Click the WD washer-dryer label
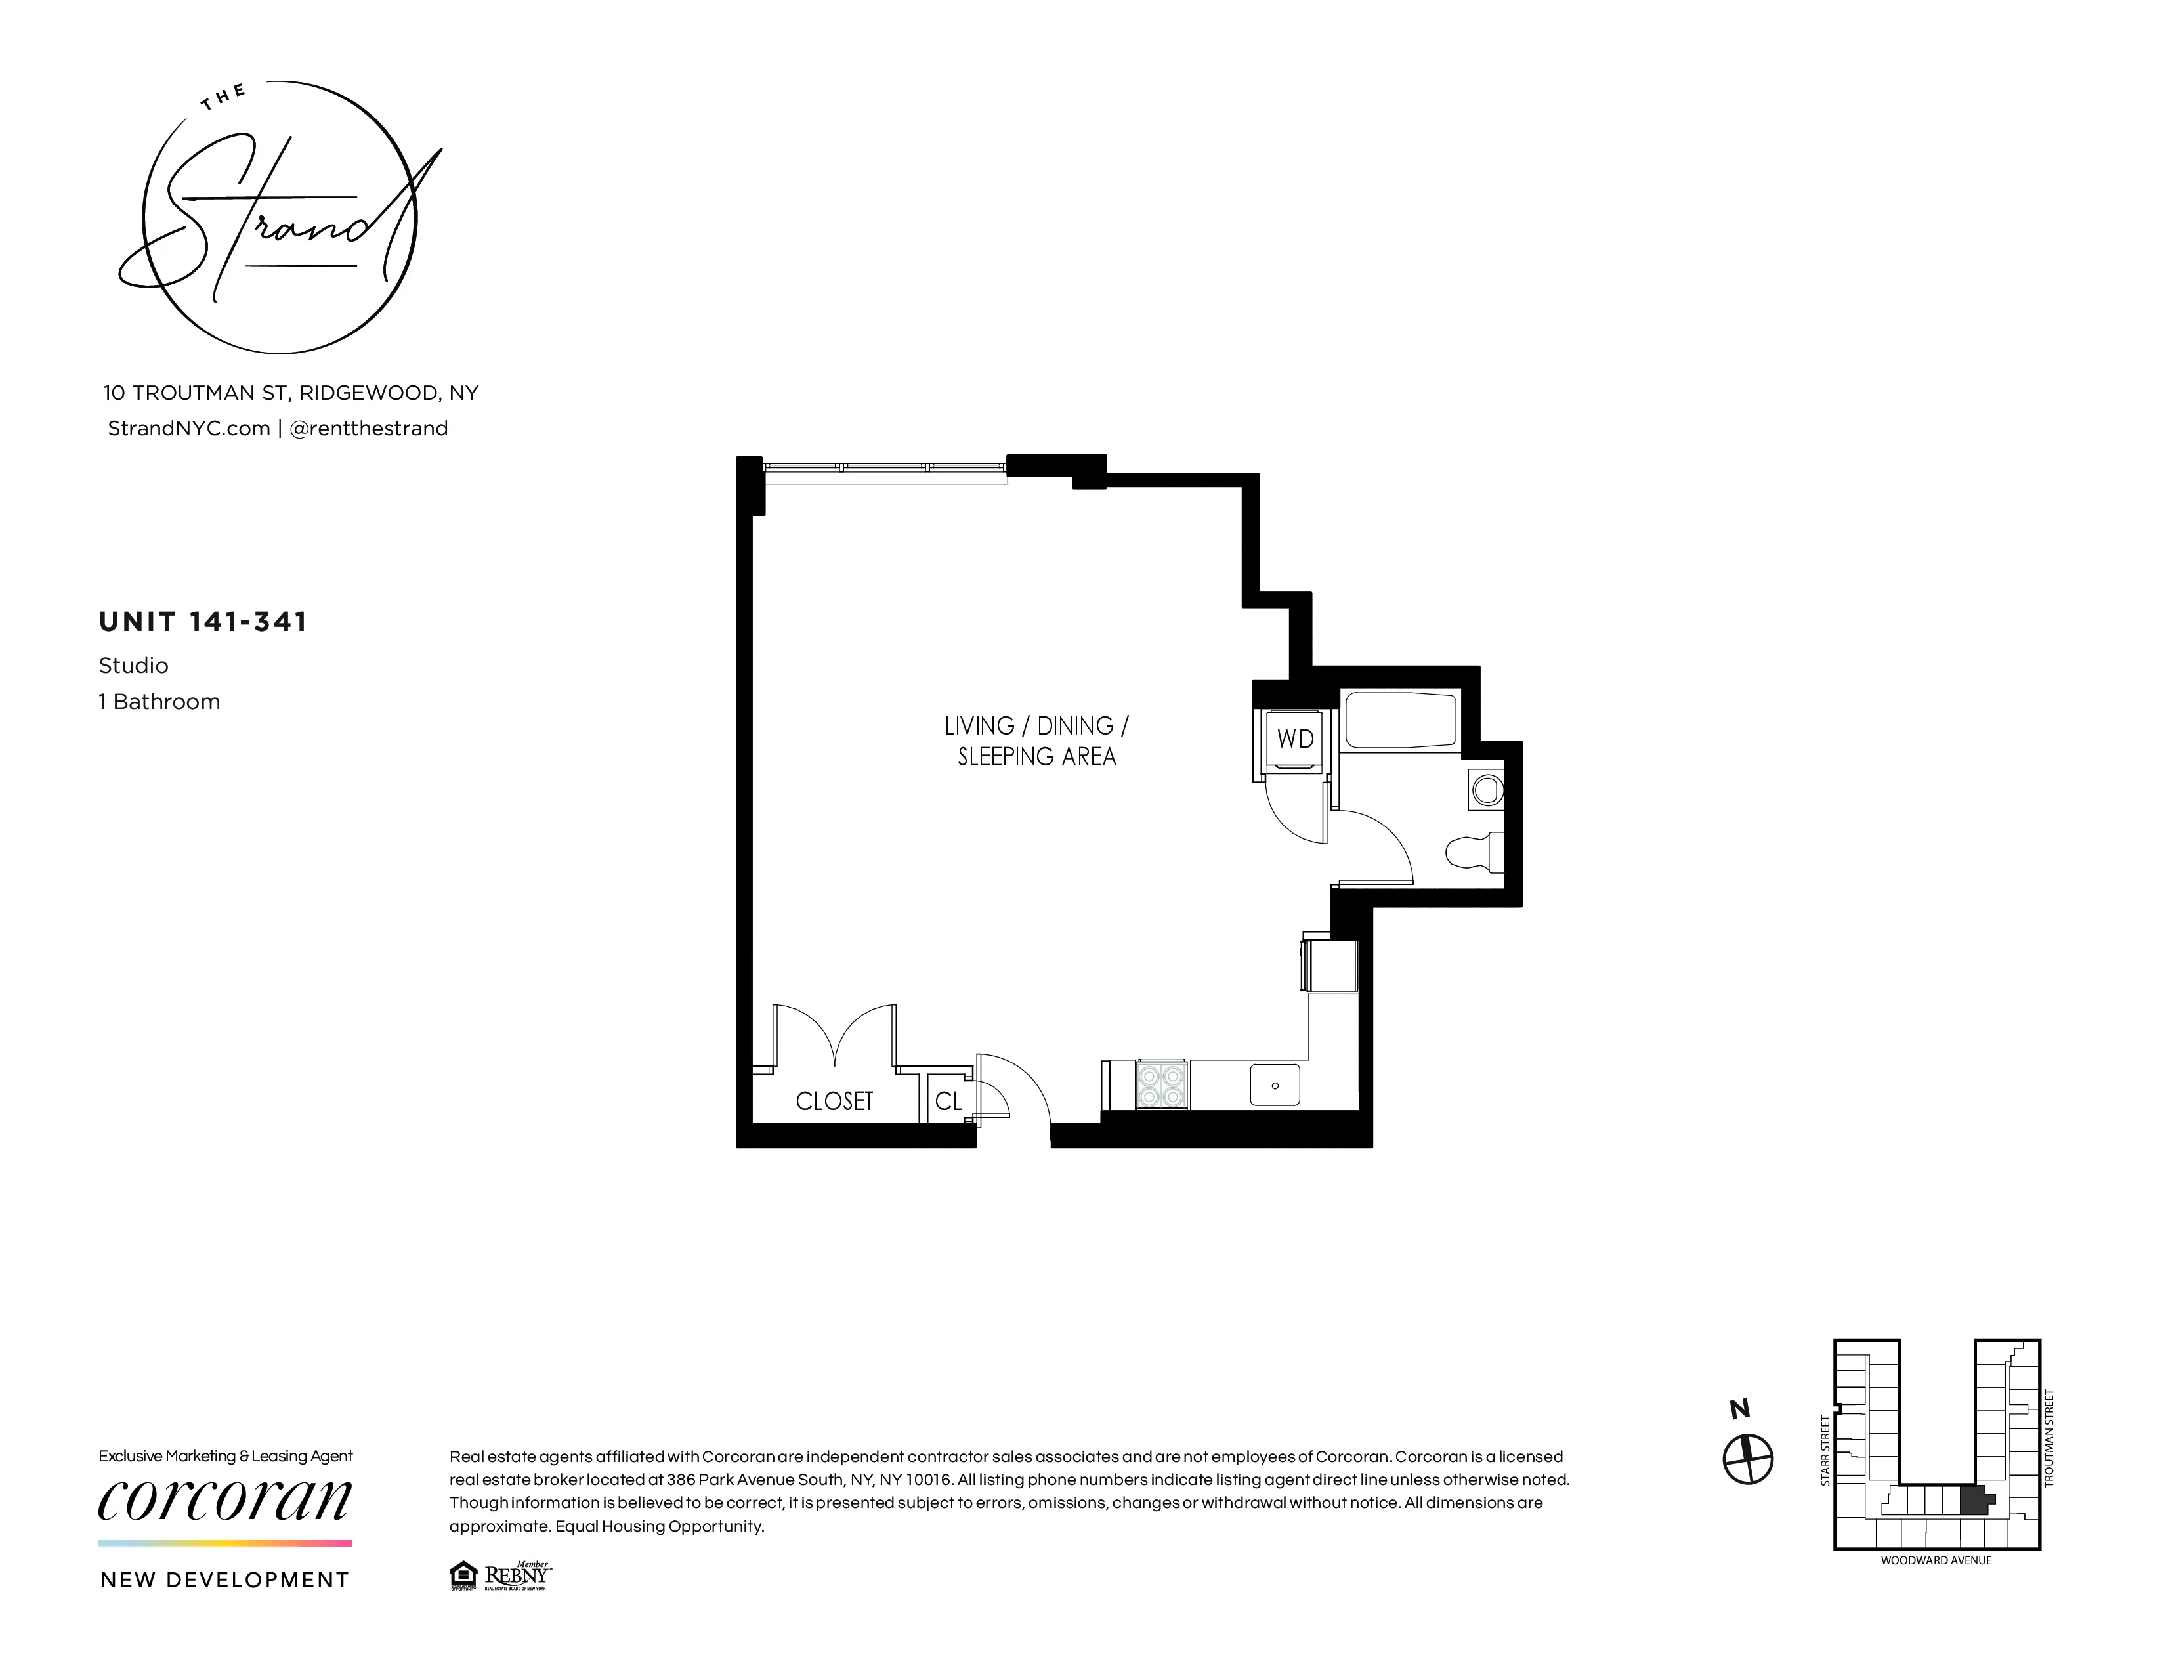click(1294, 739)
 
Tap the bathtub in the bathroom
click(1399, 721)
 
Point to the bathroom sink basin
click(1487, 790)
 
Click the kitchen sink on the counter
click(1275, 1085)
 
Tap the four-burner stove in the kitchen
click(1161, 1085)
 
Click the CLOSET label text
click(834, 1102)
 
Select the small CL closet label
click(948, 1102)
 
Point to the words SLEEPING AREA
click(1036, 758)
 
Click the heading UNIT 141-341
click(203, 622)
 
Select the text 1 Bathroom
click(159, 702)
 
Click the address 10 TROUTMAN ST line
click(291, 393)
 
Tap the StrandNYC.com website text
click(188, 429)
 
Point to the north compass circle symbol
click(1747, 1459)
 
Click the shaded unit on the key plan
click(1976, 1501)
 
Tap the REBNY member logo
click(516, 1576)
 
